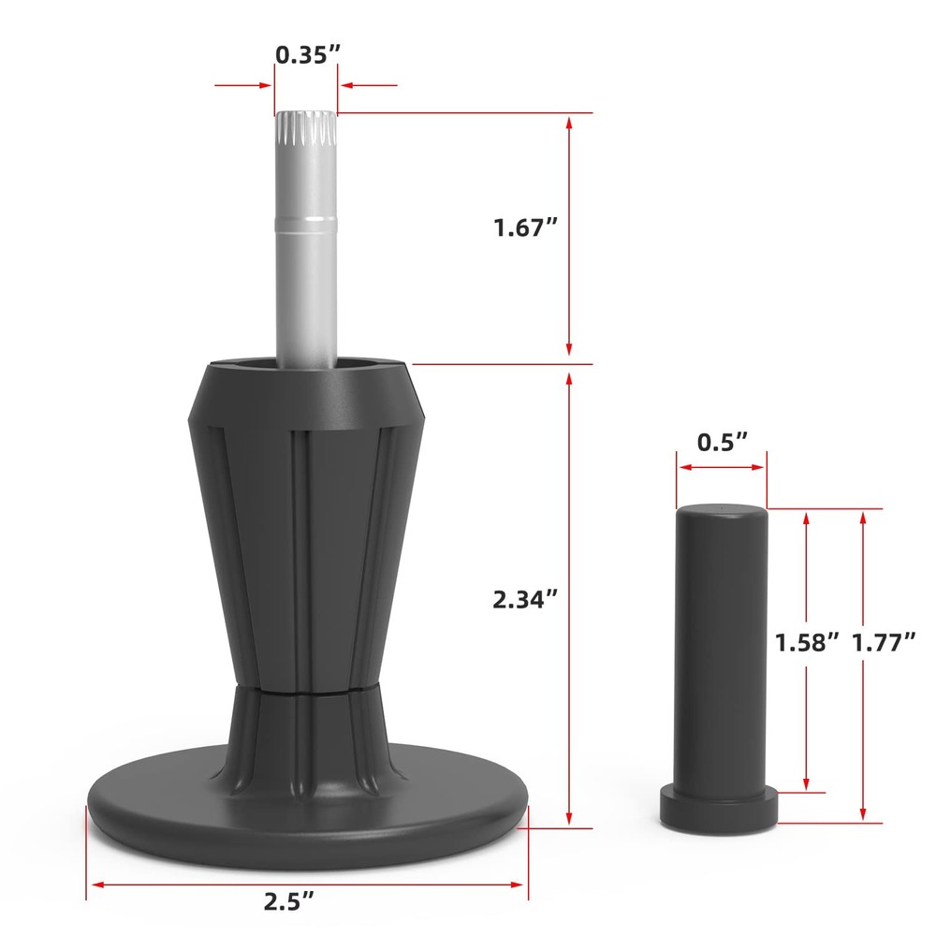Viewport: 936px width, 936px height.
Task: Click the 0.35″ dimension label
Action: [307, 54]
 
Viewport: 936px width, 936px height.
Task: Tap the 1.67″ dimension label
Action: [525, 227]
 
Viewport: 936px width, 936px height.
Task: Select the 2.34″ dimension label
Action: [525, 599]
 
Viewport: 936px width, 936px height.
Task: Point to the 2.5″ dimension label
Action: [289, 900]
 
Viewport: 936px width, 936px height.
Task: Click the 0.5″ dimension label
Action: [723, 443]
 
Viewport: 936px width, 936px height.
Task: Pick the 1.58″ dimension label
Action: [807, 642]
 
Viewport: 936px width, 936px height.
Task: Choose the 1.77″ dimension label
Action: [883, 642]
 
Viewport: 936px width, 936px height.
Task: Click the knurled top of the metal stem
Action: [306, 128]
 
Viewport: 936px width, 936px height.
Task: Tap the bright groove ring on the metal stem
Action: [306, 224]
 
